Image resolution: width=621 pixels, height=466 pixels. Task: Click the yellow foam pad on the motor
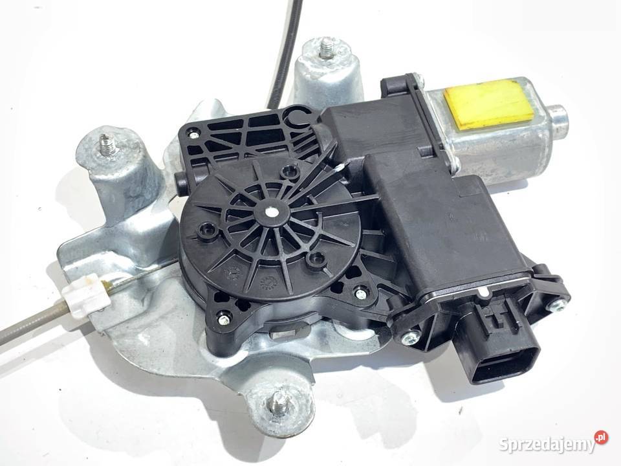491,104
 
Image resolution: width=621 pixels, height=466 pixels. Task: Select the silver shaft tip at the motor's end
558,122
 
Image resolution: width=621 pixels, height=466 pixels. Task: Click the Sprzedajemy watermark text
547,444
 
